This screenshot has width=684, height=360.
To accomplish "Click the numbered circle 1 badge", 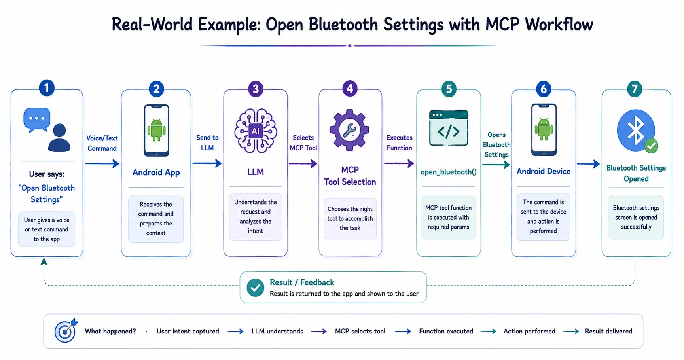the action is click(47, 88).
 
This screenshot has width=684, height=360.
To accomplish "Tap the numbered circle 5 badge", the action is click(449, 89).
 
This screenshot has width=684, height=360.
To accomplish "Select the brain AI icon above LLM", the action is click(256, 131).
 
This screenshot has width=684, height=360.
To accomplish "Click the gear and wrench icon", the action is click(350, 130).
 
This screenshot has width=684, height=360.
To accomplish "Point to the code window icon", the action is click(449, 128).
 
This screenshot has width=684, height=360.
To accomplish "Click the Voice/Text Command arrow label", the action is click(102, 143).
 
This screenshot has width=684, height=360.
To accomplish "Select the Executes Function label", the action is click(399, 143).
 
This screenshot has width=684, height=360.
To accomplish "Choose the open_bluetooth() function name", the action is click(449, 172).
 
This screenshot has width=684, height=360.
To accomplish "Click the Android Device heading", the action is click(544, 171).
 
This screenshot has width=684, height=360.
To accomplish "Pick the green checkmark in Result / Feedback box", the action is click(255, 288).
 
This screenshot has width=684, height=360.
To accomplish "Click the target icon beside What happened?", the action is click(66, 330).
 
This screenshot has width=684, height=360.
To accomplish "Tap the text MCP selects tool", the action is click(360, 331).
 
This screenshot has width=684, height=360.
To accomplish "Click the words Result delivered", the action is click(608, 331).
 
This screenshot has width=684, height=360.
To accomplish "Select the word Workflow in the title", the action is click(559, 25).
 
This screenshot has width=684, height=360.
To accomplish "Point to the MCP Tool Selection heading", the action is click(350, 176).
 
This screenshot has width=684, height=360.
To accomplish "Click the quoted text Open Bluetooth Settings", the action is click(47, 193).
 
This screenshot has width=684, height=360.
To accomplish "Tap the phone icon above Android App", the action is click(157, 130).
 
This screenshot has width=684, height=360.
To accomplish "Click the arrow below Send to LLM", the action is click(207, 163).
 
